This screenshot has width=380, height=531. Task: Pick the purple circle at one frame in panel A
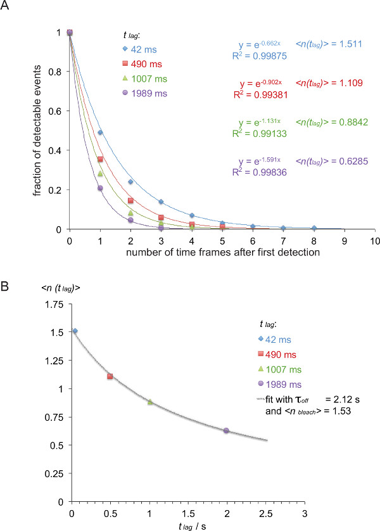100,188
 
